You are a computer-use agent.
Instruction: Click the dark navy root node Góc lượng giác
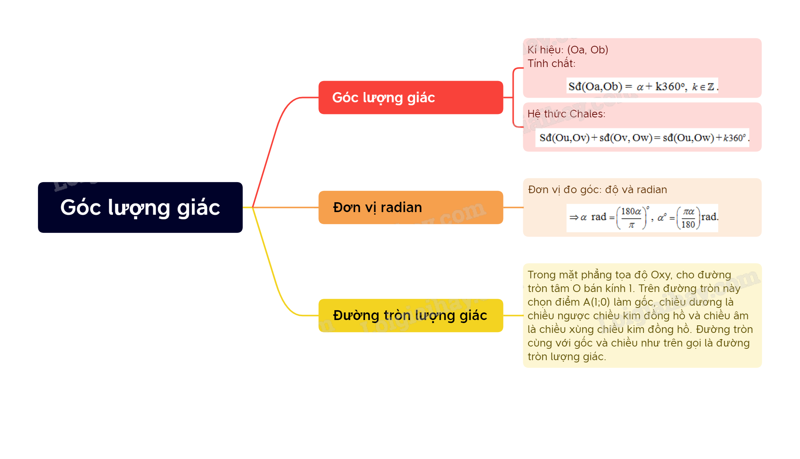(140, 208)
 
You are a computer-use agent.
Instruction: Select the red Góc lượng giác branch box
(410, 97)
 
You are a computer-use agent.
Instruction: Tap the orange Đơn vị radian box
(410, 208)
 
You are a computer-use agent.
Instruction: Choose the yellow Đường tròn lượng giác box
(410, 315)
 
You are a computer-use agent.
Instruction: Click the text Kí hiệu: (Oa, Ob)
(568, 50)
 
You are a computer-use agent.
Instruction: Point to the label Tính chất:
(551, 63)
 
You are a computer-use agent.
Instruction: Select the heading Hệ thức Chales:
(566, 114)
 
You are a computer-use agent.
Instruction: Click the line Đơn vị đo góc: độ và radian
(597, 189)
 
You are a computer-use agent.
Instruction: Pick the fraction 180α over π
(631, 218)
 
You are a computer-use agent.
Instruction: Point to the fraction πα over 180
(688, 218)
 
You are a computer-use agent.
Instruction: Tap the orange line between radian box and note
(513, 208)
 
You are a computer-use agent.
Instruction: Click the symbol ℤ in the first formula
(711, 87)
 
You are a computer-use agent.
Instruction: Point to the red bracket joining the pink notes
(513, 97)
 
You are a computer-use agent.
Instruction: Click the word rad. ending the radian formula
(710, 217)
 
